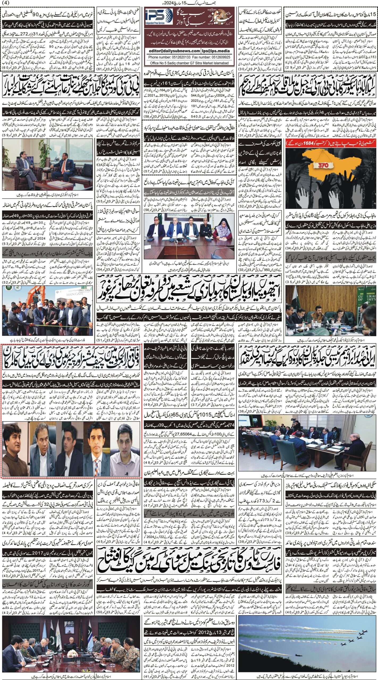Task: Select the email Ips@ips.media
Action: [217, 51]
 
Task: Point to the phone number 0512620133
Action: [181, 57]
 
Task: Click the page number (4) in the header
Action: [5, 3]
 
